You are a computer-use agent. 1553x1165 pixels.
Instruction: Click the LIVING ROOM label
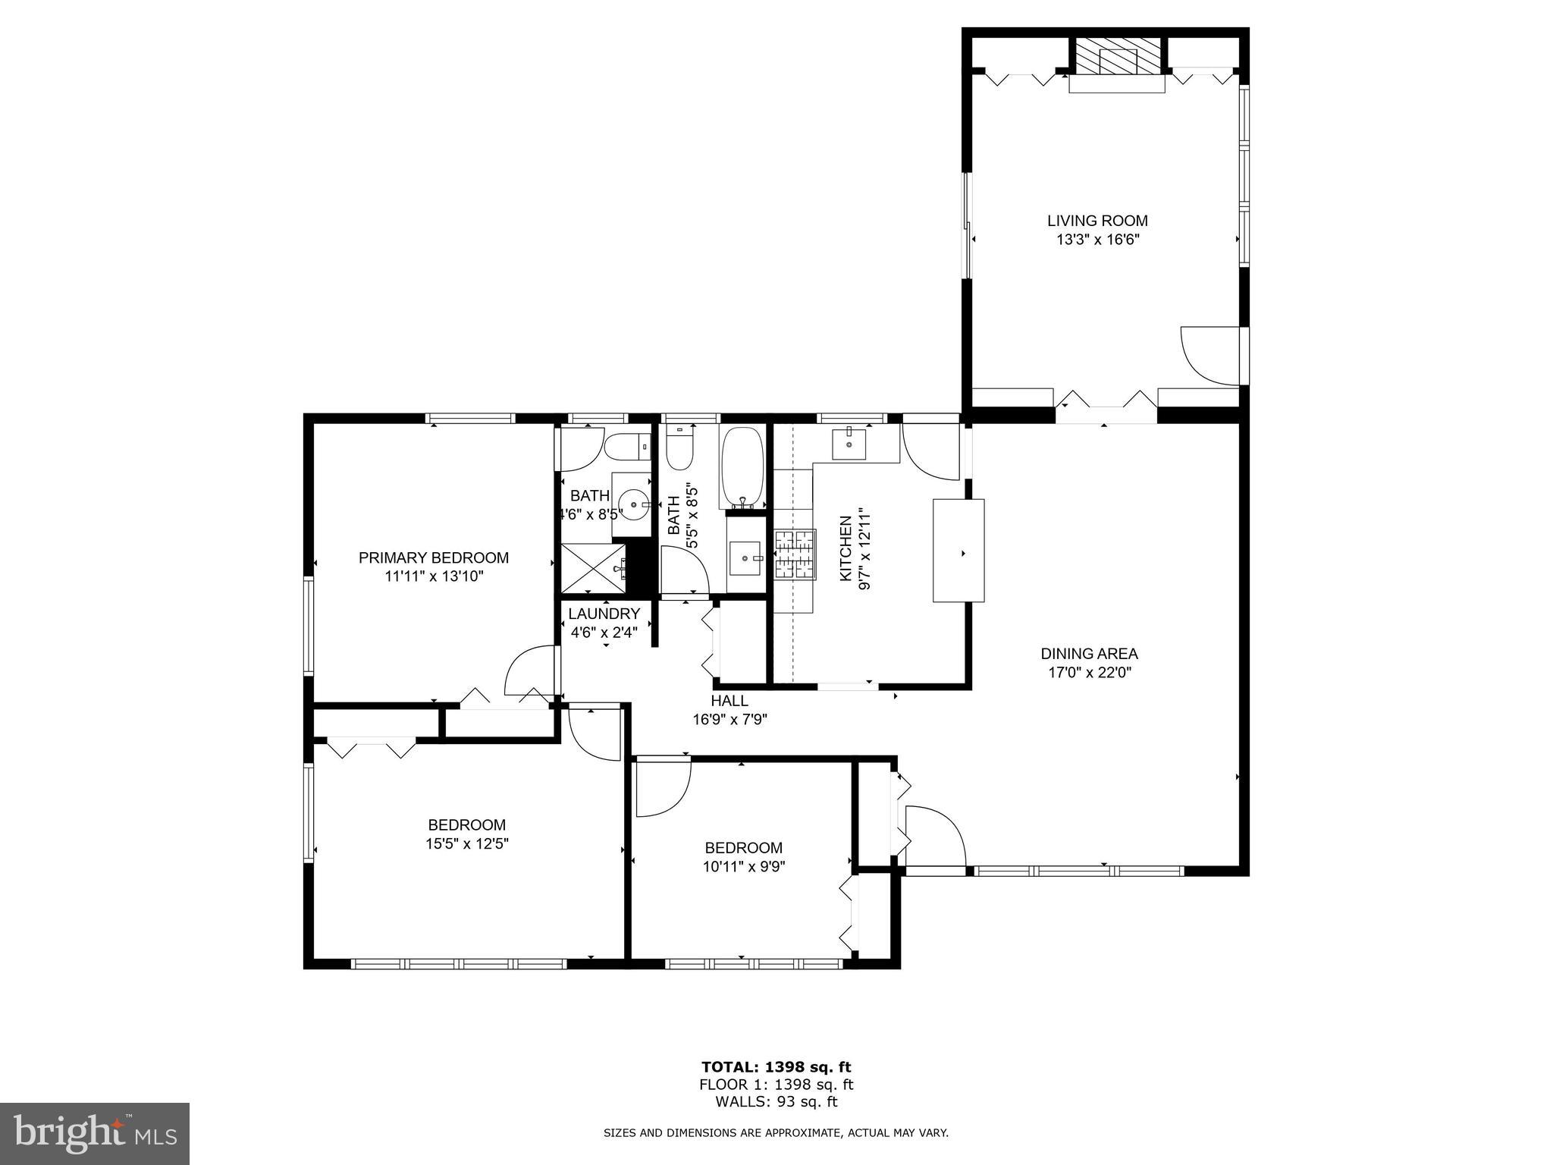tap(1097, 221)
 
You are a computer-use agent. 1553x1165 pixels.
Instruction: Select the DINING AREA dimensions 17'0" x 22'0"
tap(1089, 672)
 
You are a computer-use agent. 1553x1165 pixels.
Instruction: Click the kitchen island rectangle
tap(958, 550)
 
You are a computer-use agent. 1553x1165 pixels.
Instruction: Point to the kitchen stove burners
tap(794, 554)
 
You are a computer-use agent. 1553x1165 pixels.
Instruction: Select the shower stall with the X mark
tap(593, 568)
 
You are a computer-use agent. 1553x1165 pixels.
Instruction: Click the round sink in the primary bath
tap(632, 501)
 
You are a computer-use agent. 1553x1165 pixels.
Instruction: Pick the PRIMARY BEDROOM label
tap(433, 558)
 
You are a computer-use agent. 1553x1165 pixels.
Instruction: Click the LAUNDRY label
tap(604, 614)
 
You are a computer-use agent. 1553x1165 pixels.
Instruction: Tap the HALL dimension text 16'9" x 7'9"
tap(729, 720)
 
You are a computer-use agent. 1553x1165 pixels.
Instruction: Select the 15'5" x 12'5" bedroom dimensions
tap(466, 843)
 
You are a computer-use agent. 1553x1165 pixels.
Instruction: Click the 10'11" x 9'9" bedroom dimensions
tap(743, 867)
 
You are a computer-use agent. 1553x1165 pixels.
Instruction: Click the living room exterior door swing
tap(1210, 355)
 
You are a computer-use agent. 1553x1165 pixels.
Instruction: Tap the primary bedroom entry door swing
tap(531, 669)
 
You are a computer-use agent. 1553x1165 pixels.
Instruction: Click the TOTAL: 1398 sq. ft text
tap(776, 1068)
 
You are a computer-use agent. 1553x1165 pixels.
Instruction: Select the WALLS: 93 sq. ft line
tap(776, 1102)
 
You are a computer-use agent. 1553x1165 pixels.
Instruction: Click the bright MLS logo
tap(95, 1133)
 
